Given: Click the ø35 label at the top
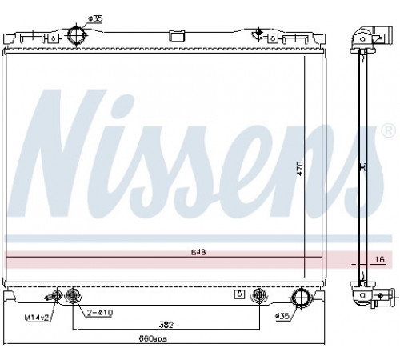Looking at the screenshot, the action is click(x=95, y=18).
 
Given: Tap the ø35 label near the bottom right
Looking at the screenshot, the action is click(x=282, y=316).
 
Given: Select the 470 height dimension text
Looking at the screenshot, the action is click(x=300, y=168).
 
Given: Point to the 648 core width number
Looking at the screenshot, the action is click(x=198, y=252).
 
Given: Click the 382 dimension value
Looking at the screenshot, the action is click(x=166, y=325).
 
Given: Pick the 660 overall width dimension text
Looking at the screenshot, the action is click(x=153, y=338).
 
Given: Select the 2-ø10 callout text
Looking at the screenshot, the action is click(x=100, y=313).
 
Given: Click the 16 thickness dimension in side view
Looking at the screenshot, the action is click(x=380, y=259).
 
